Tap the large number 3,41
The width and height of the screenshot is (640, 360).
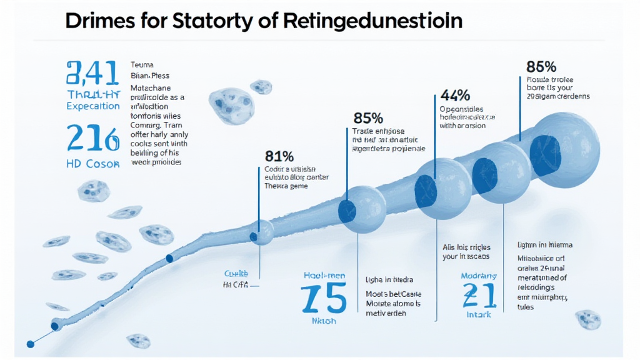coord(92,74)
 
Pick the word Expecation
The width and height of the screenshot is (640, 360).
coord(92,106)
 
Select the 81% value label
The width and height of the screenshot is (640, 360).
coord(278,156)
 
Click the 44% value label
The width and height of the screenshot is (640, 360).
coord(455,96)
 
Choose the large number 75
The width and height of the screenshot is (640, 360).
coord(323,299)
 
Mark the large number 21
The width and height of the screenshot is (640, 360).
coord(479,295)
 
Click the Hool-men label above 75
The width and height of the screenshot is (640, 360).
coord(324,274)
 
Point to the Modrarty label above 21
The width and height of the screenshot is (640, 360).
coord(479,276)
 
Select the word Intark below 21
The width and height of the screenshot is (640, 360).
coord(479,314)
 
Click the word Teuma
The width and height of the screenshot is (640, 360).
coord(142,64)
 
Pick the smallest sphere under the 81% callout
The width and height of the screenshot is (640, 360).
coord(261,233)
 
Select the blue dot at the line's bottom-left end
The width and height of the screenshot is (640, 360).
coord(29,343)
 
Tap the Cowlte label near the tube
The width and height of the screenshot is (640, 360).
coord(236,274)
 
